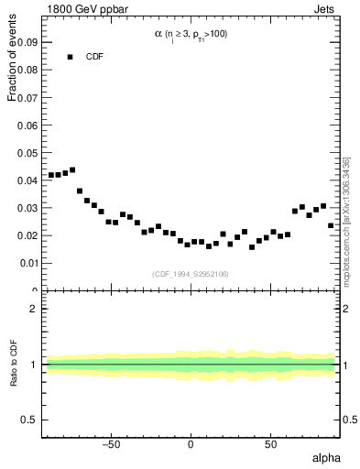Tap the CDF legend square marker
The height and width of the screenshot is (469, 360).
click(69, 57)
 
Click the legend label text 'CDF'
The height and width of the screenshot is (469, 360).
click(94, 57)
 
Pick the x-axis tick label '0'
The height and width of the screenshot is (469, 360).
click(191, 445)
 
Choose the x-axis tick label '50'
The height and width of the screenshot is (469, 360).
click(270, 445)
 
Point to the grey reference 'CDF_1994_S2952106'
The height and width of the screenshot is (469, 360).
click(191, 274)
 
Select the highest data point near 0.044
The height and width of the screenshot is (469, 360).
click(72, 170)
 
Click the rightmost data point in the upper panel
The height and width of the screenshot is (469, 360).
click(331, 225)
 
